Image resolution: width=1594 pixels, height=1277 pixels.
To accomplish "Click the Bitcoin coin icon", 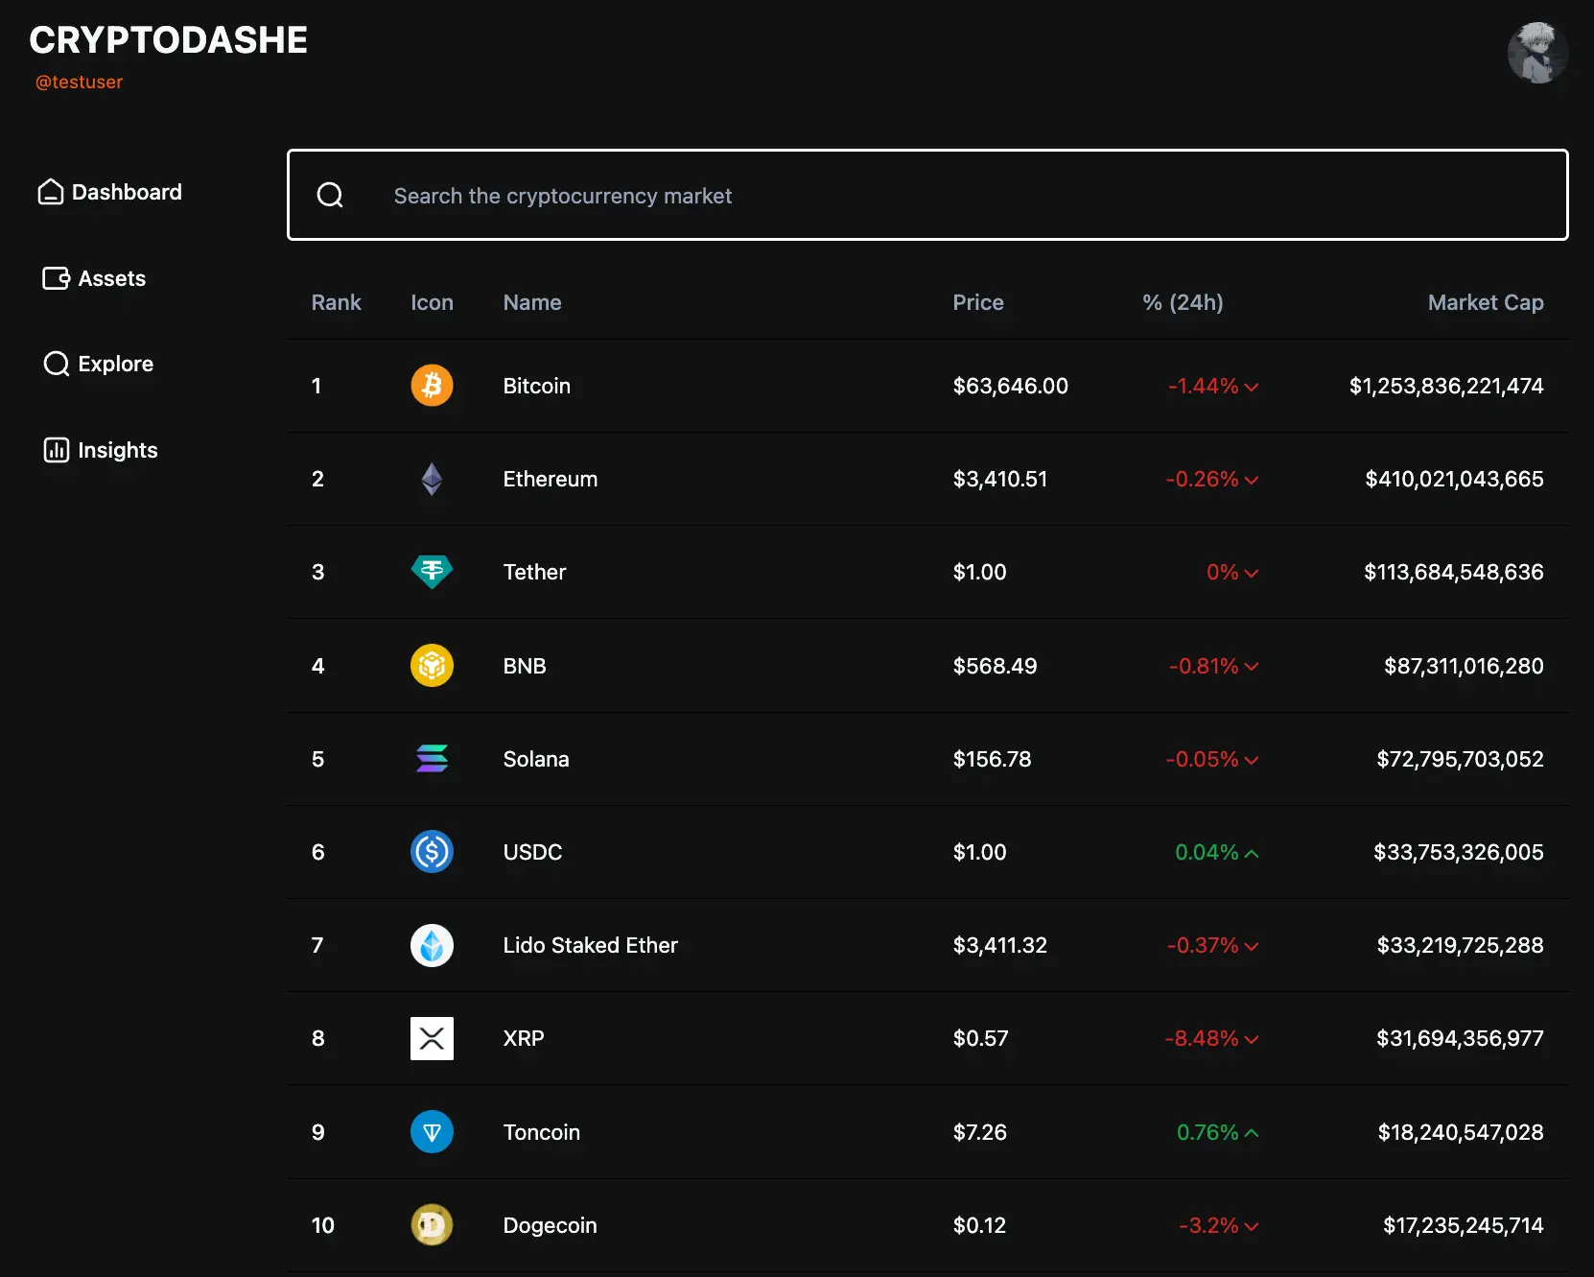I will (432, 386).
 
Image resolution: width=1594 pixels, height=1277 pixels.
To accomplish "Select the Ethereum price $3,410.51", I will (999, 479).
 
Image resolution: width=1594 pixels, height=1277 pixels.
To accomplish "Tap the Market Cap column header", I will (1485, 302).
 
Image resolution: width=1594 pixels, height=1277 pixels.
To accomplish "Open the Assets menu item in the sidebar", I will (95, 278).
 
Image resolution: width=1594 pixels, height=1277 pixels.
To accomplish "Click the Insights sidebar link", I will (100, 450).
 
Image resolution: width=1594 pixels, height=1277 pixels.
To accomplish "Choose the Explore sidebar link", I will (99, 364).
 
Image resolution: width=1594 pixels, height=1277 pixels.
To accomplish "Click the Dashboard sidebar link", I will (109, 192).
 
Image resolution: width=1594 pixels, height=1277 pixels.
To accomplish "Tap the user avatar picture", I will (1536, 53).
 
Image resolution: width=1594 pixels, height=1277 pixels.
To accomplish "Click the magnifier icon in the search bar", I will (330, 196).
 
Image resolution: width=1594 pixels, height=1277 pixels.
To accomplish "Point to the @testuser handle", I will (79, 83).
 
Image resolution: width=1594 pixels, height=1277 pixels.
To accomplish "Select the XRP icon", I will (432, 1038).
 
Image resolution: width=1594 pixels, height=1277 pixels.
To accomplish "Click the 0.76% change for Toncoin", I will (1207, 1132).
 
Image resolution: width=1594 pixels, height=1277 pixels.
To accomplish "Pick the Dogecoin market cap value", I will (1463, 1225).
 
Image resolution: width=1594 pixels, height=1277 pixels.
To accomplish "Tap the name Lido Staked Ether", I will (590, 945).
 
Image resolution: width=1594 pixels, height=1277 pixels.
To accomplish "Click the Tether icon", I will (432, 572).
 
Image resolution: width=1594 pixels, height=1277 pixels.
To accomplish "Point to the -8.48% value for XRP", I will (1201, 1038).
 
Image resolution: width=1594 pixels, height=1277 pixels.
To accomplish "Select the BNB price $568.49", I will (995, 666).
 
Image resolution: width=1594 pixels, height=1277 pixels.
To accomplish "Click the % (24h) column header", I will (1183, 302).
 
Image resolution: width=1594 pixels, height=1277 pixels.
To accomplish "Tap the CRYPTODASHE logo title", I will (169, 40).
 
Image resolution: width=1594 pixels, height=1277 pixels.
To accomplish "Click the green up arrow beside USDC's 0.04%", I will (1252, 853).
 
